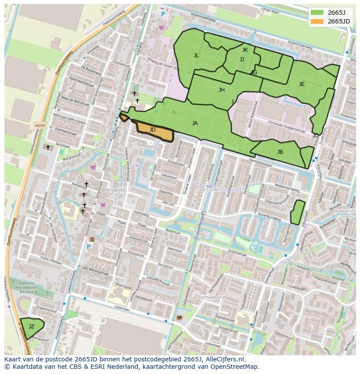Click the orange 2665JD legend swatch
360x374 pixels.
(317, 21)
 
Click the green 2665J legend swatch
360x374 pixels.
(317, 13)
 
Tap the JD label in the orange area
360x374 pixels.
(153, 130)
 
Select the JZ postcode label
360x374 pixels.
(31, 327)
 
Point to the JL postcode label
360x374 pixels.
(197, 56)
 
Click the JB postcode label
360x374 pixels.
(280, 152)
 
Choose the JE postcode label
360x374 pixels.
(302, 84)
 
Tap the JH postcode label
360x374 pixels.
(222, 90)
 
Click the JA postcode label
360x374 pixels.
(195, 123)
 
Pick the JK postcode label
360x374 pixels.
(245, 50)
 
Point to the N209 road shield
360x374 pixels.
(40, 126)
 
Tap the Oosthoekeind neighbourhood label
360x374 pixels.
(210, 298)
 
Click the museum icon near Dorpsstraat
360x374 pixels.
(92, 239)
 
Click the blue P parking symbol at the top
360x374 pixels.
(163, 14)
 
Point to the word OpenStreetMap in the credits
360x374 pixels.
(235, 367)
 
